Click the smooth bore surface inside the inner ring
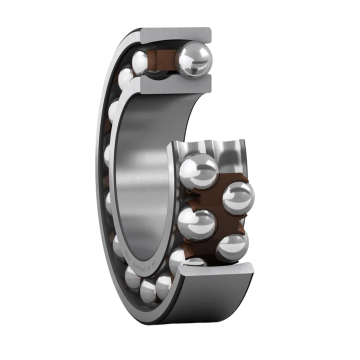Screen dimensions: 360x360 point(150,180)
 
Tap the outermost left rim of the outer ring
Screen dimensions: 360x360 point(98,180)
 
